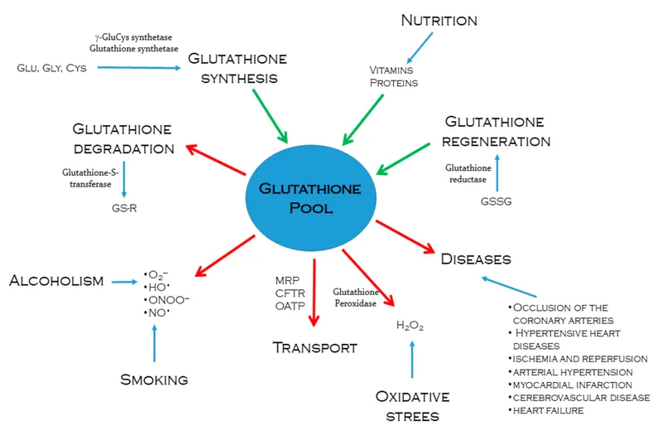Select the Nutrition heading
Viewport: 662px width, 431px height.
(440, 19)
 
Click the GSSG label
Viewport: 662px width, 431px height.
(496, 201)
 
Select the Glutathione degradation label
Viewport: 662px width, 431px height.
(122, 138)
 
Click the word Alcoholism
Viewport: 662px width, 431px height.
(56, 281)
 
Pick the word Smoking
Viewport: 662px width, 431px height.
(154, 380)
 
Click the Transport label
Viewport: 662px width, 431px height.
(315, 347)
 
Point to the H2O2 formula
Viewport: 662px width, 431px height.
(410, 326)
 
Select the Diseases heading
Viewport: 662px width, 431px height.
(476, 259)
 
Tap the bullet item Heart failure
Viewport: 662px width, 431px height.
(548, 410)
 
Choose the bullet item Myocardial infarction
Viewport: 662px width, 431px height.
(571, 385)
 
